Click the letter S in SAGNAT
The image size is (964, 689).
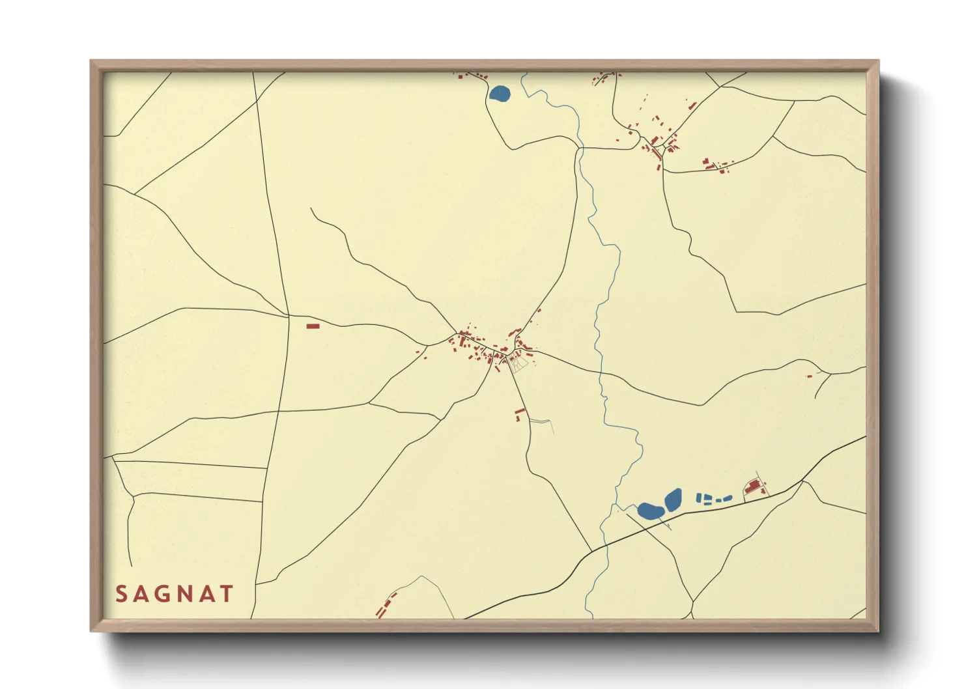(x=121, y=594)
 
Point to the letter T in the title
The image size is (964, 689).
(x=227, y=594)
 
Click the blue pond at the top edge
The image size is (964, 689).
(x=500, y=94)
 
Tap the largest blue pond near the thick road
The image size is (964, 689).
(x=649, y=511)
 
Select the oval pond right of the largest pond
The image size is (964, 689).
(x=673, y=499)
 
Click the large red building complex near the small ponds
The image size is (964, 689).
(x=753, y=487)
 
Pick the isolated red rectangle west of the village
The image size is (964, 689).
(x=313, y=326)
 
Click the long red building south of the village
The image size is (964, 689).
(x=520, y=412)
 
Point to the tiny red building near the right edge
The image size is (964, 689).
(x=810, y=376)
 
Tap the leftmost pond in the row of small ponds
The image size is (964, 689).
(x=699, y=498)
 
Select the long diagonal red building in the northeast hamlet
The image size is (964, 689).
(x=692, y=105)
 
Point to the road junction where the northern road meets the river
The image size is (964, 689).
(x=578, y=148)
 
